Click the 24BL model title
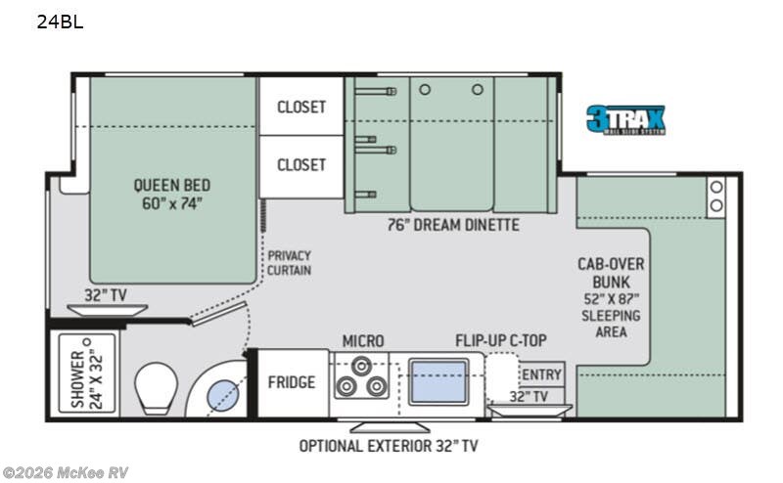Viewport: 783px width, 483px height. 60,22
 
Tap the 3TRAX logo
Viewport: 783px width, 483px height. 625,119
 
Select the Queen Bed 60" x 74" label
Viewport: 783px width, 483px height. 172,194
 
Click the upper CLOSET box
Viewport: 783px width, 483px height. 300,107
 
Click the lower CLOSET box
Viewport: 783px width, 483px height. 300,164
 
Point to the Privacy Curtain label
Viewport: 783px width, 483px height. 289,262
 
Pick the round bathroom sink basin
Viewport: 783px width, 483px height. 221,393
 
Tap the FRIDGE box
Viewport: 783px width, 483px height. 292,381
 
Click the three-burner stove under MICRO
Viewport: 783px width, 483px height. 359,376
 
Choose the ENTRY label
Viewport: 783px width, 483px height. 542,374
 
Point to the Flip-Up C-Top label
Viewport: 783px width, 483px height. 501,340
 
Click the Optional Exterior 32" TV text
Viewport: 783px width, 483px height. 389,446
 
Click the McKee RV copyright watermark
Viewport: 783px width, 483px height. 66,472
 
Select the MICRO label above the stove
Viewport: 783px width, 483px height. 363,340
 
